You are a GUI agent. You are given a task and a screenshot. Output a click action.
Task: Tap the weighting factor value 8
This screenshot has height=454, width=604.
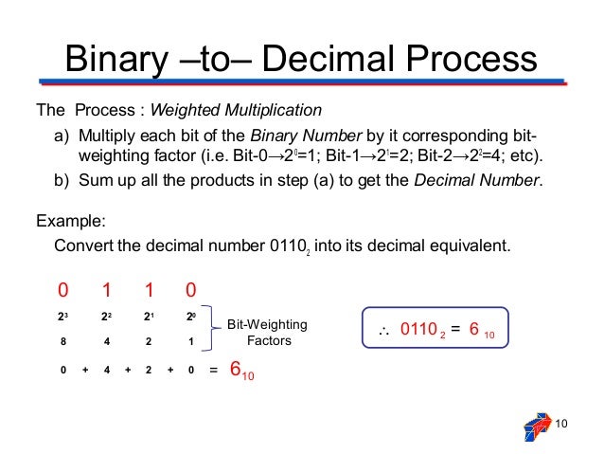click(x=63, y=341)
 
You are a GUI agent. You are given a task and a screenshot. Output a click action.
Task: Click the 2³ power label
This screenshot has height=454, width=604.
click(x=63, y=317)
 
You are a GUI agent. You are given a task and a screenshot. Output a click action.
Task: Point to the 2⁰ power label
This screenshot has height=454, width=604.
click(x=191, y=317)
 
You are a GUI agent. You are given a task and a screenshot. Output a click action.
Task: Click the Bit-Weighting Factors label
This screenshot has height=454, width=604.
click(x=268, y=332)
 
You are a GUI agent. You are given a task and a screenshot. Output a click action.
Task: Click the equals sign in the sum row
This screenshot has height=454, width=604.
click(x=213, y=371)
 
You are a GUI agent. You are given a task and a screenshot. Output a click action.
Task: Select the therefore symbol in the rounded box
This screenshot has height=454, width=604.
click(x=385, y=330)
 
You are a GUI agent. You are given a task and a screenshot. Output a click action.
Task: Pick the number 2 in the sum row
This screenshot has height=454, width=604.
click(x=149, y=371)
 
